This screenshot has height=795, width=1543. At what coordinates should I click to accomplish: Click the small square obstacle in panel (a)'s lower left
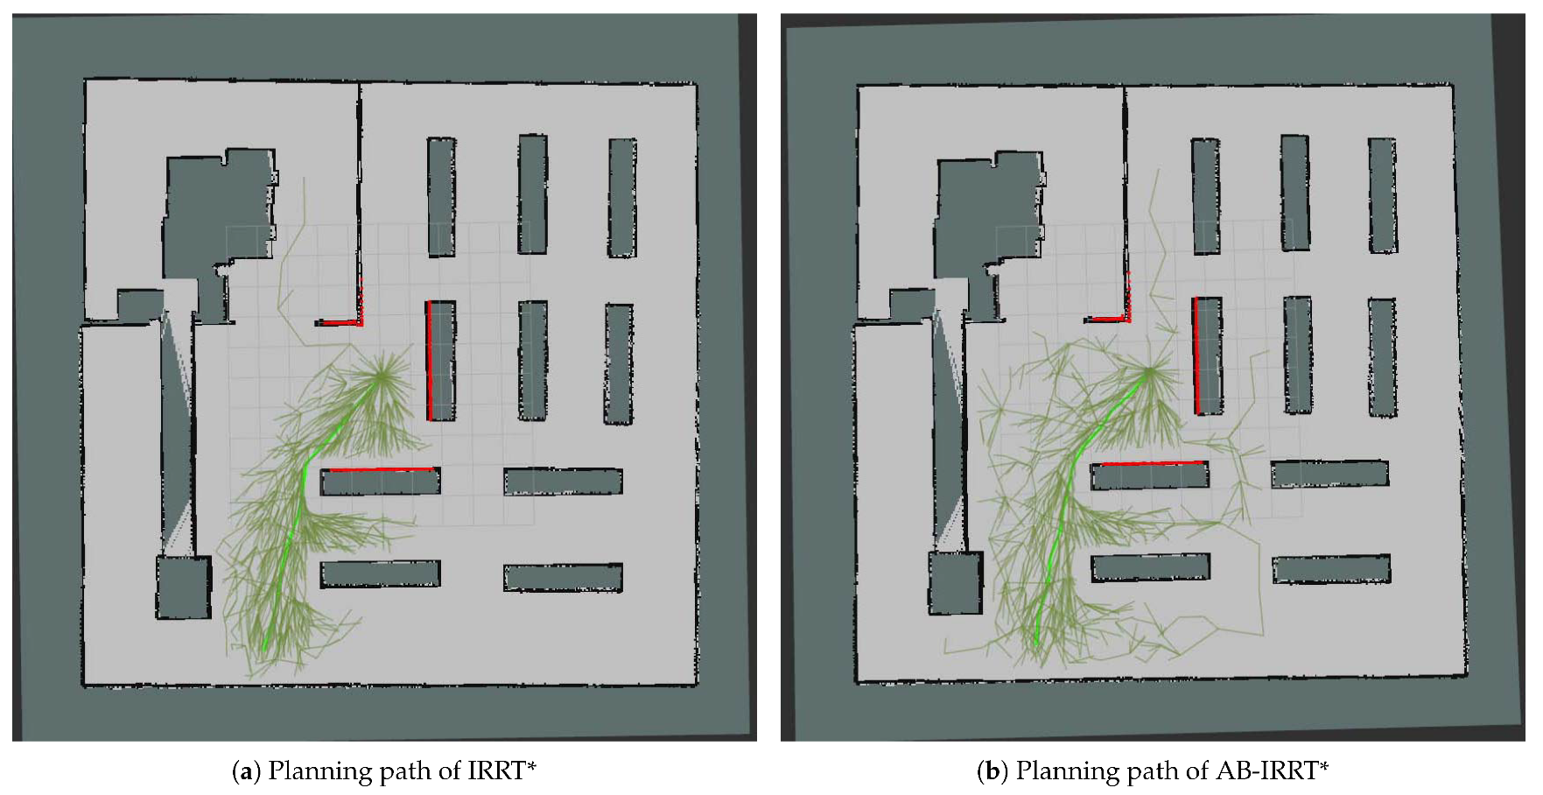(184, 587)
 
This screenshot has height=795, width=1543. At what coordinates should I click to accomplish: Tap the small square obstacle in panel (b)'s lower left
(957, 582)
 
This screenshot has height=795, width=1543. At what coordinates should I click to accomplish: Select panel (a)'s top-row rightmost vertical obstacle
(622, 198)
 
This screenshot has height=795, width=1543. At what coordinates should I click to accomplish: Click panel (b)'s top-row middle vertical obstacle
(1296, 193)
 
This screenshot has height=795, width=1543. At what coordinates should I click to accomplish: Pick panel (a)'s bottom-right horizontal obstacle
(563, 578)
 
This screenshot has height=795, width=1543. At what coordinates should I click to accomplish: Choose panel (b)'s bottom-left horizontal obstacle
(1151, 567)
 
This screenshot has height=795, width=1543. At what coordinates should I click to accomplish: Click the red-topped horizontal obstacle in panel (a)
(381, 482)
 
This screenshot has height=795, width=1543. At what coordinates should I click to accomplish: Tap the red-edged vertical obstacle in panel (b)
(1208, 355)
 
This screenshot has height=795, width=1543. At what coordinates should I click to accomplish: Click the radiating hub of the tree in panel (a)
(381, 377)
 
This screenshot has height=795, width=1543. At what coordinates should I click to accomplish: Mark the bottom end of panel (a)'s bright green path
(264, 649)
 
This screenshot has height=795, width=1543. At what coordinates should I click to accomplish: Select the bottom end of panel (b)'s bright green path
(1037, 644)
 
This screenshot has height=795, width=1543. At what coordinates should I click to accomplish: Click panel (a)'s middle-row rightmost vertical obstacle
(619, 364)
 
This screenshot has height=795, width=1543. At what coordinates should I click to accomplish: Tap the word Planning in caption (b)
(1055, 772)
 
